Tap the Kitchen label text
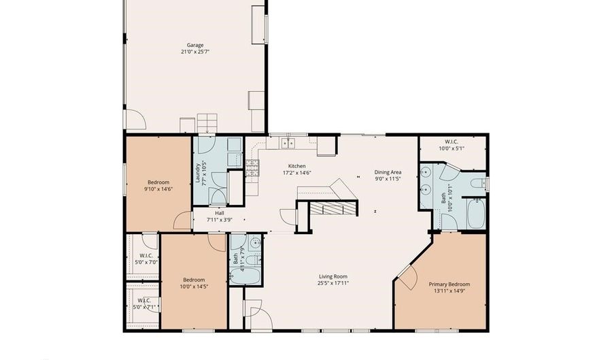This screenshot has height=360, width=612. tap(296, 166)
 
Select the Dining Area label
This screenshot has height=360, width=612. tap(388, 172)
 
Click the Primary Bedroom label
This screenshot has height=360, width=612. tap(449, 284)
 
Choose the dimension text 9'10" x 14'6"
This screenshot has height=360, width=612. tap(158, 189)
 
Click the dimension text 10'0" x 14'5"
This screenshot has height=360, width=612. tap(194, 287)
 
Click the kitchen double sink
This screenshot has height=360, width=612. tap(288, 143)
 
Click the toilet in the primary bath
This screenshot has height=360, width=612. tap(479, 182)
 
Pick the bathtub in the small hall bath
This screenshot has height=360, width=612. tap(245, 276)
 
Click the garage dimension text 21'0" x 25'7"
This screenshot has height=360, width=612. tap(194, 52)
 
